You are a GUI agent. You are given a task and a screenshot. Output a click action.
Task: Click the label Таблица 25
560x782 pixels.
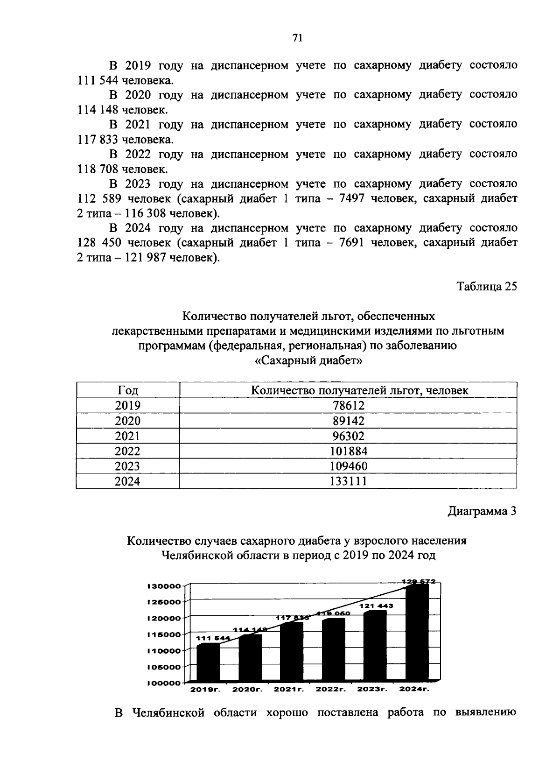click(x=487, y=286)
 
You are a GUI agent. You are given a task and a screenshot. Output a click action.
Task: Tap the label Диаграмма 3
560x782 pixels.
click(x=482, y=511)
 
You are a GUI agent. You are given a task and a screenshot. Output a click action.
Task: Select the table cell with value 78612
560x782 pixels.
click(x=348, y=405)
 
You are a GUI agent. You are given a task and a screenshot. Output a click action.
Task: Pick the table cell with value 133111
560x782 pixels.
click(x=348, y=481)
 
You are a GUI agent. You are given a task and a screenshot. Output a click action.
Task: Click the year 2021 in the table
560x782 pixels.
click(x=127, y=436)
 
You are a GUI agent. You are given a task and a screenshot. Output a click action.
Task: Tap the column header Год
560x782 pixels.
click(x=127, y=390)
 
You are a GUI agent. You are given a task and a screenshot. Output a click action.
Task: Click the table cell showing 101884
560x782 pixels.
click(x=348, y=451)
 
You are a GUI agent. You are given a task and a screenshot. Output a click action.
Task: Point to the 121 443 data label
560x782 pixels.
click(x=376, y=606)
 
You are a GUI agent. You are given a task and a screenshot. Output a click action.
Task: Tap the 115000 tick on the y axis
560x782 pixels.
click(x=164, y=634)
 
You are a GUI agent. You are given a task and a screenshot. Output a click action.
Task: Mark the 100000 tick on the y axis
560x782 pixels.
click(x=164, y=683)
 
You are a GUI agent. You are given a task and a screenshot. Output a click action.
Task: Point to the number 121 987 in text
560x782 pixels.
click(x=144, y=258)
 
